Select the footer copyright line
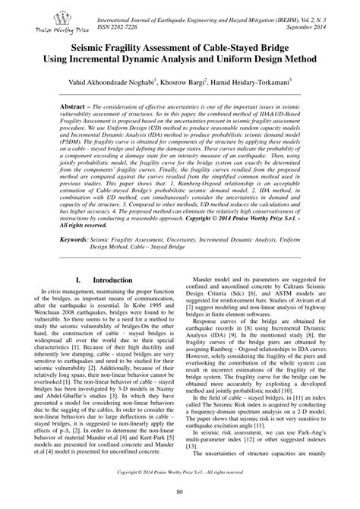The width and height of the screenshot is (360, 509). tap(180, 471)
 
